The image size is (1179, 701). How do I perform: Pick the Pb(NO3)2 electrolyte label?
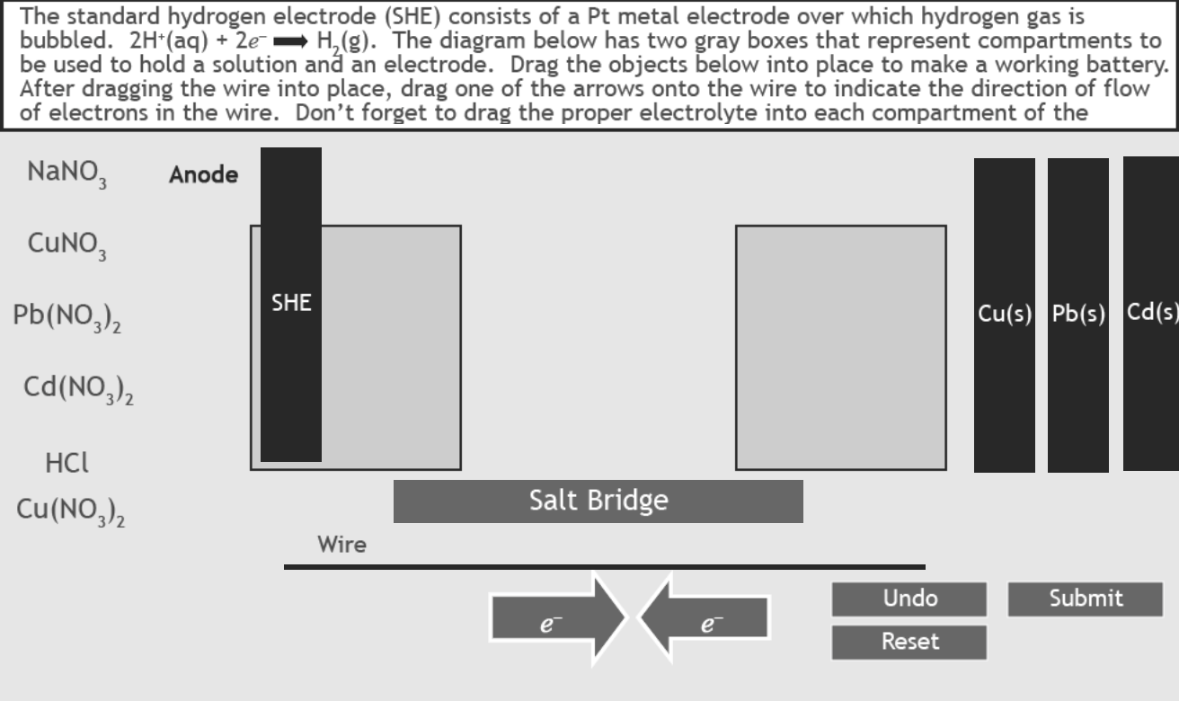[67, 317]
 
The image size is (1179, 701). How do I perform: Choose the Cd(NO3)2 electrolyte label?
[79, 391]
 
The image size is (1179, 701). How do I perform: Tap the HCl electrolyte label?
[66, 464]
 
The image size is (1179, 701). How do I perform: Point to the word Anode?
[203, 175]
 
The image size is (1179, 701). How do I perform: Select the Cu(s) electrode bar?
[1005, 315]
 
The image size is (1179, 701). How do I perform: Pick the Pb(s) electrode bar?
[1078, 315]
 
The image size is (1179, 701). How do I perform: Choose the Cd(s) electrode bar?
[1151, 315]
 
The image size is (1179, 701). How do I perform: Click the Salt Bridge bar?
[598, 501]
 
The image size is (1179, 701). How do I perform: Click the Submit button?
[1085, 599]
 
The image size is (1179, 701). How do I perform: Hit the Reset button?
[909, 642]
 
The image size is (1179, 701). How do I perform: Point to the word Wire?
[341, 545]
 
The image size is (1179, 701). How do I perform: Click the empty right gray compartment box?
[840, 347]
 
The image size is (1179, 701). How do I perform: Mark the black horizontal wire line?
[604, 567]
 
